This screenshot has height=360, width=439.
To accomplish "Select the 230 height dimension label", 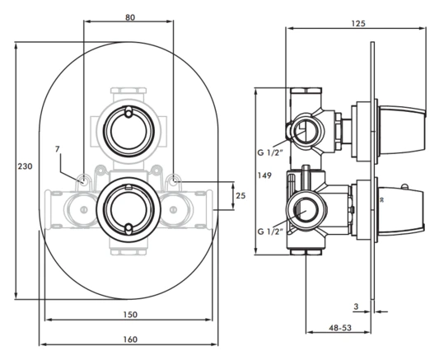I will [x=25, y=166].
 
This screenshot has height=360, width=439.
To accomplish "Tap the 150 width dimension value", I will [x=128, y=314].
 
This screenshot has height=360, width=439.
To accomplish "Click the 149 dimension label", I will [x=265, y=175].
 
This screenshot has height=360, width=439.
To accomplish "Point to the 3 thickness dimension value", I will [x=356, y=306].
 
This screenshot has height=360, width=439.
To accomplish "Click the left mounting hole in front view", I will [x=83, y=180].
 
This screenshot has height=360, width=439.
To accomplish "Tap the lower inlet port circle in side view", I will [x=306, y=211].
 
